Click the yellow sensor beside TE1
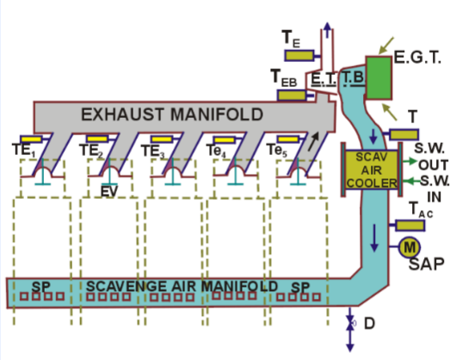(x=32, y=140)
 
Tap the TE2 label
(x=91, y=151)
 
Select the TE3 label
(x=152, y=151)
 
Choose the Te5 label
(x=277, y=151)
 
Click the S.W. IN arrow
(x=408, y=180)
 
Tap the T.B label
(x=353, y=78)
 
